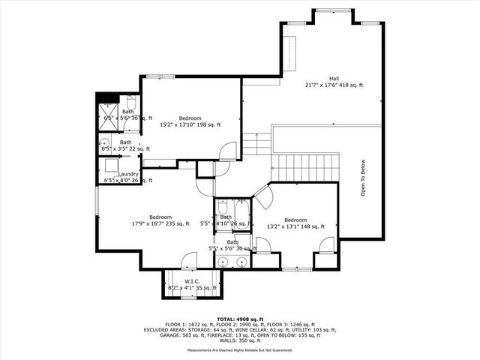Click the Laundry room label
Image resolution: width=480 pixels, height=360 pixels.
click(127, 177)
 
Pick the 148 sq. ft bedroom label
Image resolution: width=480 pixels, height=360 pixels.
click(295, 223)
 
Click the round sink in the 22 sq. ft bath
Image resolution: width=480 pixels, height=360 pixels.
click(106, 145)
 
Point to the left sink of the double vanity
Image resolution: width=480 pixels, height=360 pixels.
click(226, 262)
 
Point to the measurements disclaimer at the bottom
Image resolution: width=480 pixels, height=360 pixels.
click(240, 349)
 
